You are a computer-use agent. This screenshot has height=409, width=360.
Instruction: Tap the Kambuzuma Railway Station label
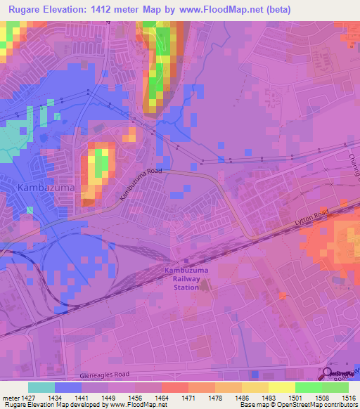pos(182,278)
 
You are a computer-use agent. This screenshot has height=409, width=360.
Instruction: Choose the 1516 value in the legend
pos(348,397)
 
